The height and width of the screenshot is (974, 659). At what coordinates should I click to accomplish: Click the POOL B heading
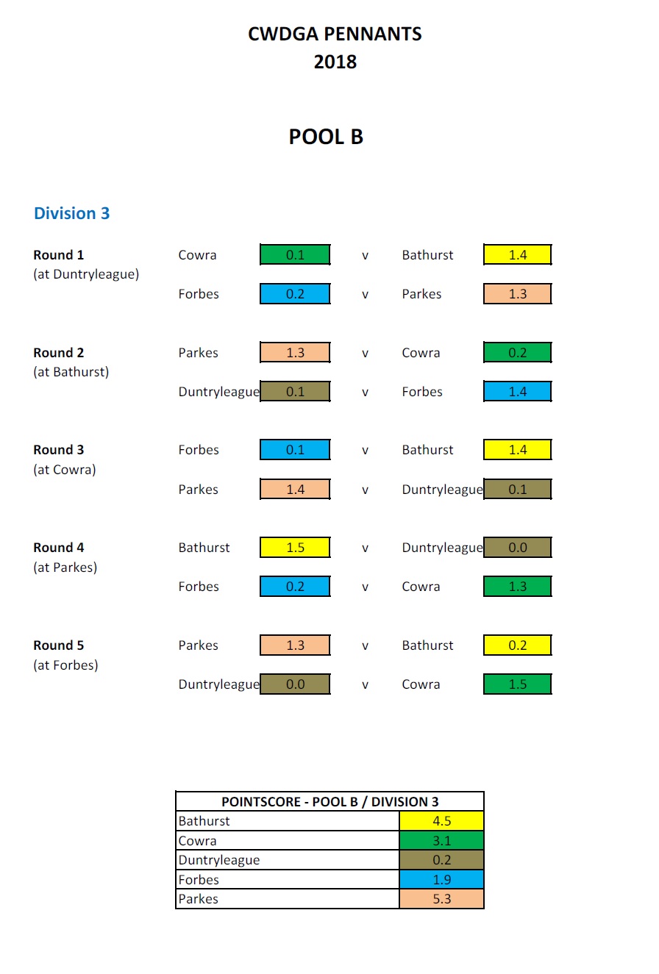[326, 137]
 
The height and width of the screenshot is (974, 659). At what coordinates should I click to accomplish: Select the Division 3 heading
[71, 213]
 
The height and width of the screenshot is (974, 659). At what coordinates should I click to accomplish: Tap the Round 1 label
[59, 255]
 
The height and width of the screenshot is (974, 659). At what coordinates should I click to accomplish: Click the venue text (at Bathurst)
[71, 372]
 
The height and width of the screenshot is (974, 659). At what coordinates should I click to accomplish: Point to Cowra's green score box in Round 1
[295, 255]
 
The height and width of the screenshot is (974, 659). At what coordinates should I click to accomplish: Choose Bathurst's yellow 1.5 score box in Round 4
[295, 548]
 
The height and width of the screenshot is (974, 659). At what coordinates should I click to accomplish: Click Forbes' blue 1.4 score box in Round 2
[517, 392]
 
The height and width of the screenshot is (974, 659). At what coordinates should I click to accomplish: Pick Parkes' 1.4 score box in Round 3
[295, 489]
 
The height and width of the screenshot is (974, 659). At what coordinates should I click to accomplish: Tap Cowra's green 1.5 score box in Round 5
[517, 684]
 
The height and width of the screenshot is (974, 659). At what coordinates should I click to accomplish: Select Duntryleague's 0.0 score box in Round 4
[517, 548]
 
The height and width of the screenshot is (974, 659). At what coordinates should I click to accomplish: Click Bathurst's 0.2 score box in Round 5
[517, 645]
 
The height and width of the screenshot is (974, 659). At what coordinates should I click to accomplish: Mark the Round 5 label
[59, 645]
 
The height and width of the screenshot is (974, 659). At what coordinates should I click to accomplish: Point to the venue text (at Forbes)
[65, 665]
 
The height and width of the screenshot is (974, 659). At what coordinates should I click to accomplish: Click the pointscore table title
[329, 801]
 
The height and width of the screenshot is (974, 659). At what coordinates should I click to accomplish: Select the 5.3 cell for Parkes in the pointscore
[441, 899]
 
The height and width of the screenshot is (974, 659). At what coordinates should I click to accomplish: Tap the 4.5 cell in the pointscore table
[441, 821]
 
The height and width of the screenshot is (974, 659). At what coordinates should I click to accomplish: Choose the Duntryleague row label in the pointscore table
[219, 860]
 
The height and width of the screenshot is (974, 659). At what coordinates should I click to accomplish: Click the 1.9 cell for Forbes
[441, 880]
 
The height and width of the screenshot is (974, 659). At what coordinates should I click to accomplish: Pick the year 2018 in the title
[335, 62]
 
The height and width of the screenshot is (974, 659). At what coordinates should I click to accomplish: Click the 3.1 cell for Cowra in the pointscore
[441, 841]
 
